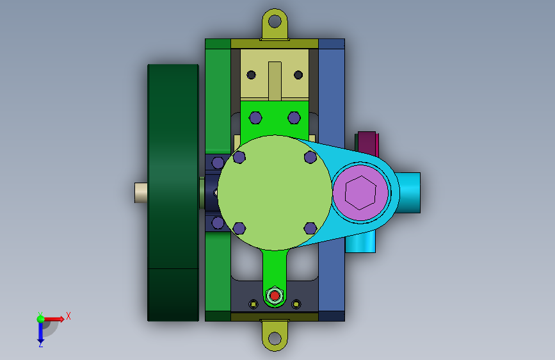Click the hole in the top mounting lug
[275, 21]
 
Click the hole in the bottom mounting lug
[275, 338]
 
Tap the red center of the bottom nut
[275, 295]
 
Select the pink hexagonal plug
[360, 193]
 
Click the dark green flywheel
[173, 193]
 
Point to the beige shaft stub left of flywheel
[141, 193]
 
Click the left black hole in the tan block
[252, 75]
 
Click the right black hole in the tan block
[298, 75]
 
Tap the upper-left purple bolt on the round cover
[239, 157]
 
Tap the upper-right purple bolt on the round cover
[310, 157]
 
